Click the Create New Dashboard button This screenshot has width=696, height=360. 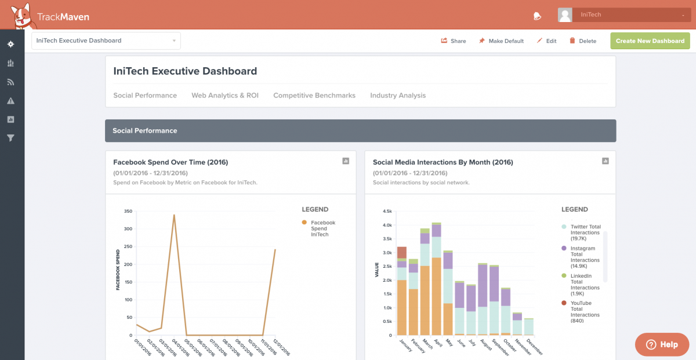650,41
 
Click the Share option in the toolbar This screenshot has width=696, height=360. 453,41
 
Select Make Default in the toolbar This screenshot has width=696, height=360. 501,41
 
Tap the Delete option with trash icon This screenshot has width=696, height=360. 582,41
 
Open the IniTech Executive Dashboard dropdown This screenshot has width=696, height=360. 106,41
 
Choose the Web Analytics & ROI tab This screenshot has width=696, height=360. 225,95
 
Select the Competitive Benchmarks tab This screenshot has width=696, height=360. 314,95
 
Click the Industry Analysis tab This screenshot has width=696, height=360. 398,95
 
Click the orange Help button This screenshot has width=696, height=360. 662,344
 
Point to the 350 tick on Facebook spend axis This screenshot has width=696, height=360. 128,211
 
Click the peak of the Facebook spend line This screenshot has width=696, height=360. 174,215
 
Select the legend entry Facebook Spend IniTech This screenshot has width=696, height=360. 322,228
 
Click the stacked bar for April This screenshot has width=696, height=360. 436,278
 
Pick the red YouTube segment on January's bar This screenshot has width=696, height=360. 401,252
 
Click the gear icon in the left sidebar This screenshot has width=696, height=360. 10,44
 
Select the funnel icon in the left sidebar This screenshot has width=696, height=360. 10,138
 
